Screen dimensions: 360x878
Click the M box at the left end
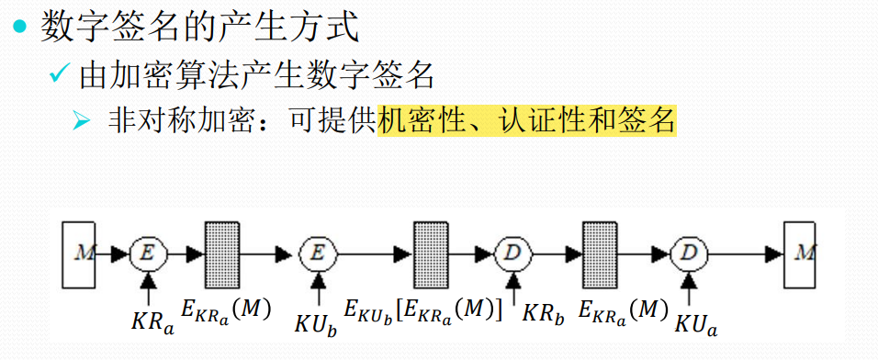pyautogui.click(x=80, y=252)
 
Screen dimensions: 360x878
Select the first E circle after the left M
pyautogui.click(x=146, y=253)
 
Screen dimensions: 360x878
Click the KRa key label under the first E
pyautogui.click(x=151, y=322)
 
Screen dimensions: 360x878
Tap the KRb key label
pyautogui.click(x=541, y=313)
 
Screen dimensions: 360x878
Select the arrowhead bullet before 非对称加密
pyautogui.click(x=81, y=121)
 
